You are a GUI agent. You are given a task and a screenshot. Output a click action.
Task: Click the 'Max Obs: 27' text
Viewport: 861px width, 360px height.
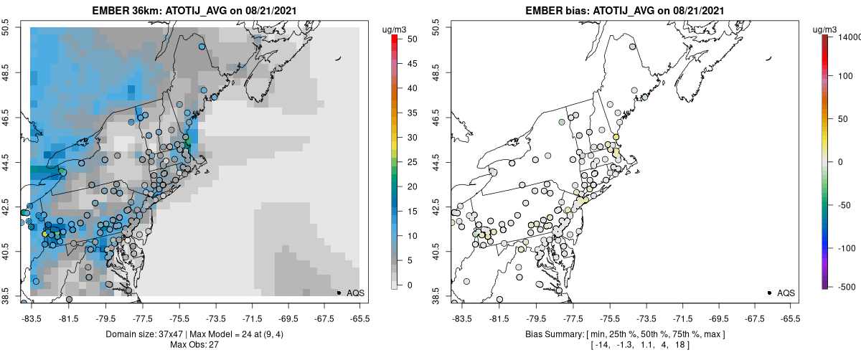click(194, 345)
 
